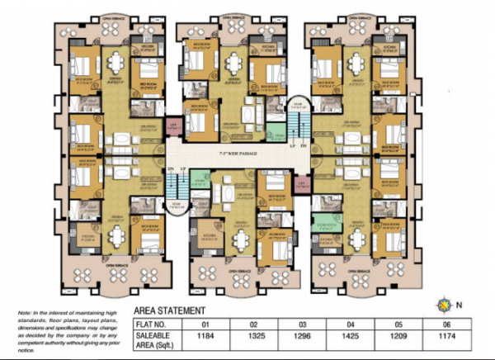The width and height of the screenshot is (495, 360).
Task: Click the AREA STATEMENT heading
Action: point(174,311)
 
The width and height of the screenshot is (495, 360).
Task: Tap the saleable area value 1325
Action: point(256,339)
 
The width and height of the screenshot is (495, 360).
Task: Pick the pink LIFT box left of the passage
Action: point(173,126)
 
